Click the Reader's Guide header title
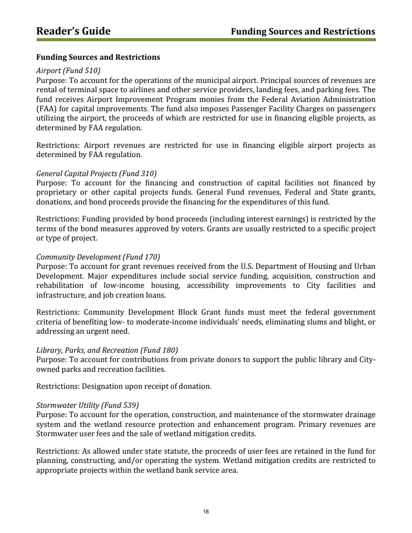click(x=73, y=31)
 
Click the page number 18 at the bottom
click(x=206, y=511)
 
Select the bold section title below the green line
click(x=98, y=57)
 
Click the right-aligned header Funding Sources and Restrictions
click(x=303, y=32)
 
